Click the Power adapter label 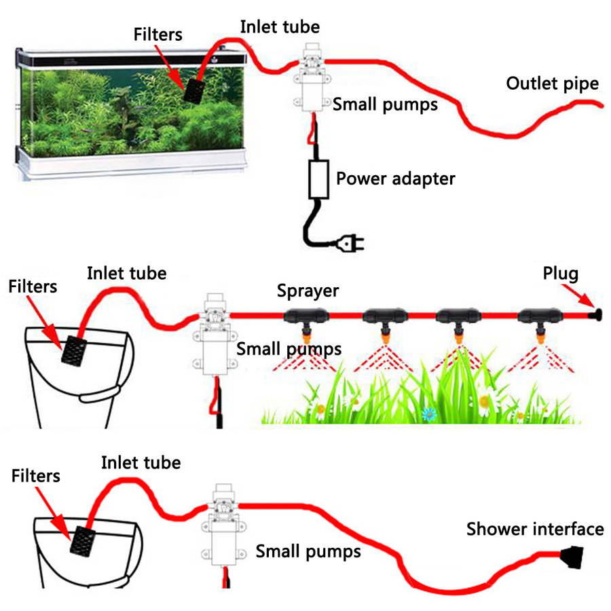[x=396, y=179]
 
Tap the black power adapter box [x=318, y=179]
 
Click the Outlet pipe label [x=553, y=84]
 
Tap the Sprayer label [x=308, y=291]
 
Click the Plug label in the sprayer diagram [x=560, y=274]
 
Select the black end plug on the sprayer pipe [x=597, y=316]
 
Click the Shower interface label [x=535, y=529]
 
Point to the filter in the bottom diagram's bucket [x=84, y=542]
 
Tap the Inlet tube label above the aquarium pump [x=280, y=28]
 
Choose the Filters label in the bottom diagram [x=36, y=476]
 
